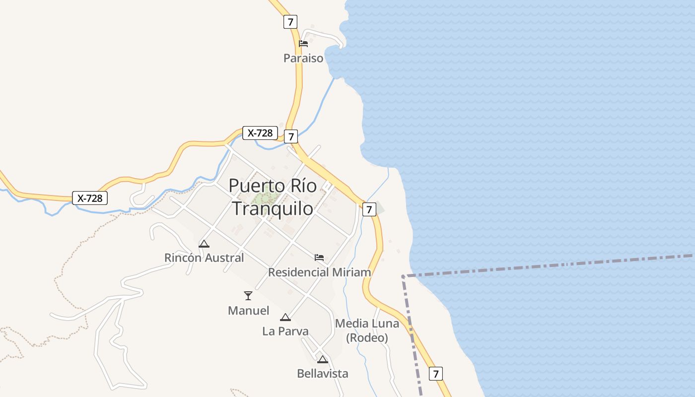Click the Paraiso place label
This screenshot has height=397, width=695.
pyautogui.click(x=303, y=58)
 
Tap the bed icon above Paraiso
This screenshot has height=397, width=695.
pyautogui.click(x=303, y=44)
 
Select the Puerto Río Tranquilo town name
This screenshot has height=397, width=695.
pyautogui.click(x=273, y=197)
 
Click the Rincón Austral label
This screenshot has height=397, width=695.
pyautogui.click(x=204, y=258)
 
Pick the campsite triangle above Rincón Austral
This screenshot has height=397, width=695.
pyautogui.click(x=204, y=244)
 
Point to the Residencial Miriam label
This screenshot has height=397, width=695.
pyautogui.click(x=319, y=272)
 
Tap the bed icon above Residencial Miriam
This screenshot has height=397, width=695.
pyautogui.click(x=319, y=258)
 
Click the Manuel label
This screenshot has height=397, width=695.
pyautogui.click(x=248, y=311)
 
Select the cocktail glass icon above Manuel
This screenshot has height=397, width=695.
pyautogui.click(x=248, y=296)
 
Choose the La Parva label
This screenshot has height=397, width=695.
pyautogui.click(x=285, y=331)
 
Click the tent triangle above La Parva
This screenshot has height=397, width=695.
pyautogui.click(x=285, y=318)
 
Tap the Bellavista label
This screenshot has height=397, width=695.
pyautogui.click(x=323, y=373)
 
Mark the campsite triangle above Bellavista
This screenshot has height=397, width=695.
pyautogui.click(x=323, y=359)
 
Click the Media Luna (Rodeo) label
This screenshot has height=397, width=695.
pyautogui.click(x=367, y=331)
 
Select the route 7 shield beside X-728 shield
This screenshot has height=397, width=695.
pyautogui.click(x=290, y=136)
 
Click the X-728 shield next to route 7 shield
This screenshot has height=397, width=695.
pyautogui.click(x=260, y=133)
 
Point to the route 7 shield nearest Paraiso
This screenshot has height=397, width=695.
pyautogui.click(x=290, y=22)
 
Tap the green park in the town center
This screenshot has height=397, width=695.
pyautogui.click(x=264, y=198)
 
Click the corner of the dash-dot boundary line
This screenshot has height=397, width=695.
pyautogui.click(x=403, y=276)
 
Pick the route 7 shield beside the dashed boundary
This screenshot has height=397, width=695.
pyautogui.click(x=435, y=373)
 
